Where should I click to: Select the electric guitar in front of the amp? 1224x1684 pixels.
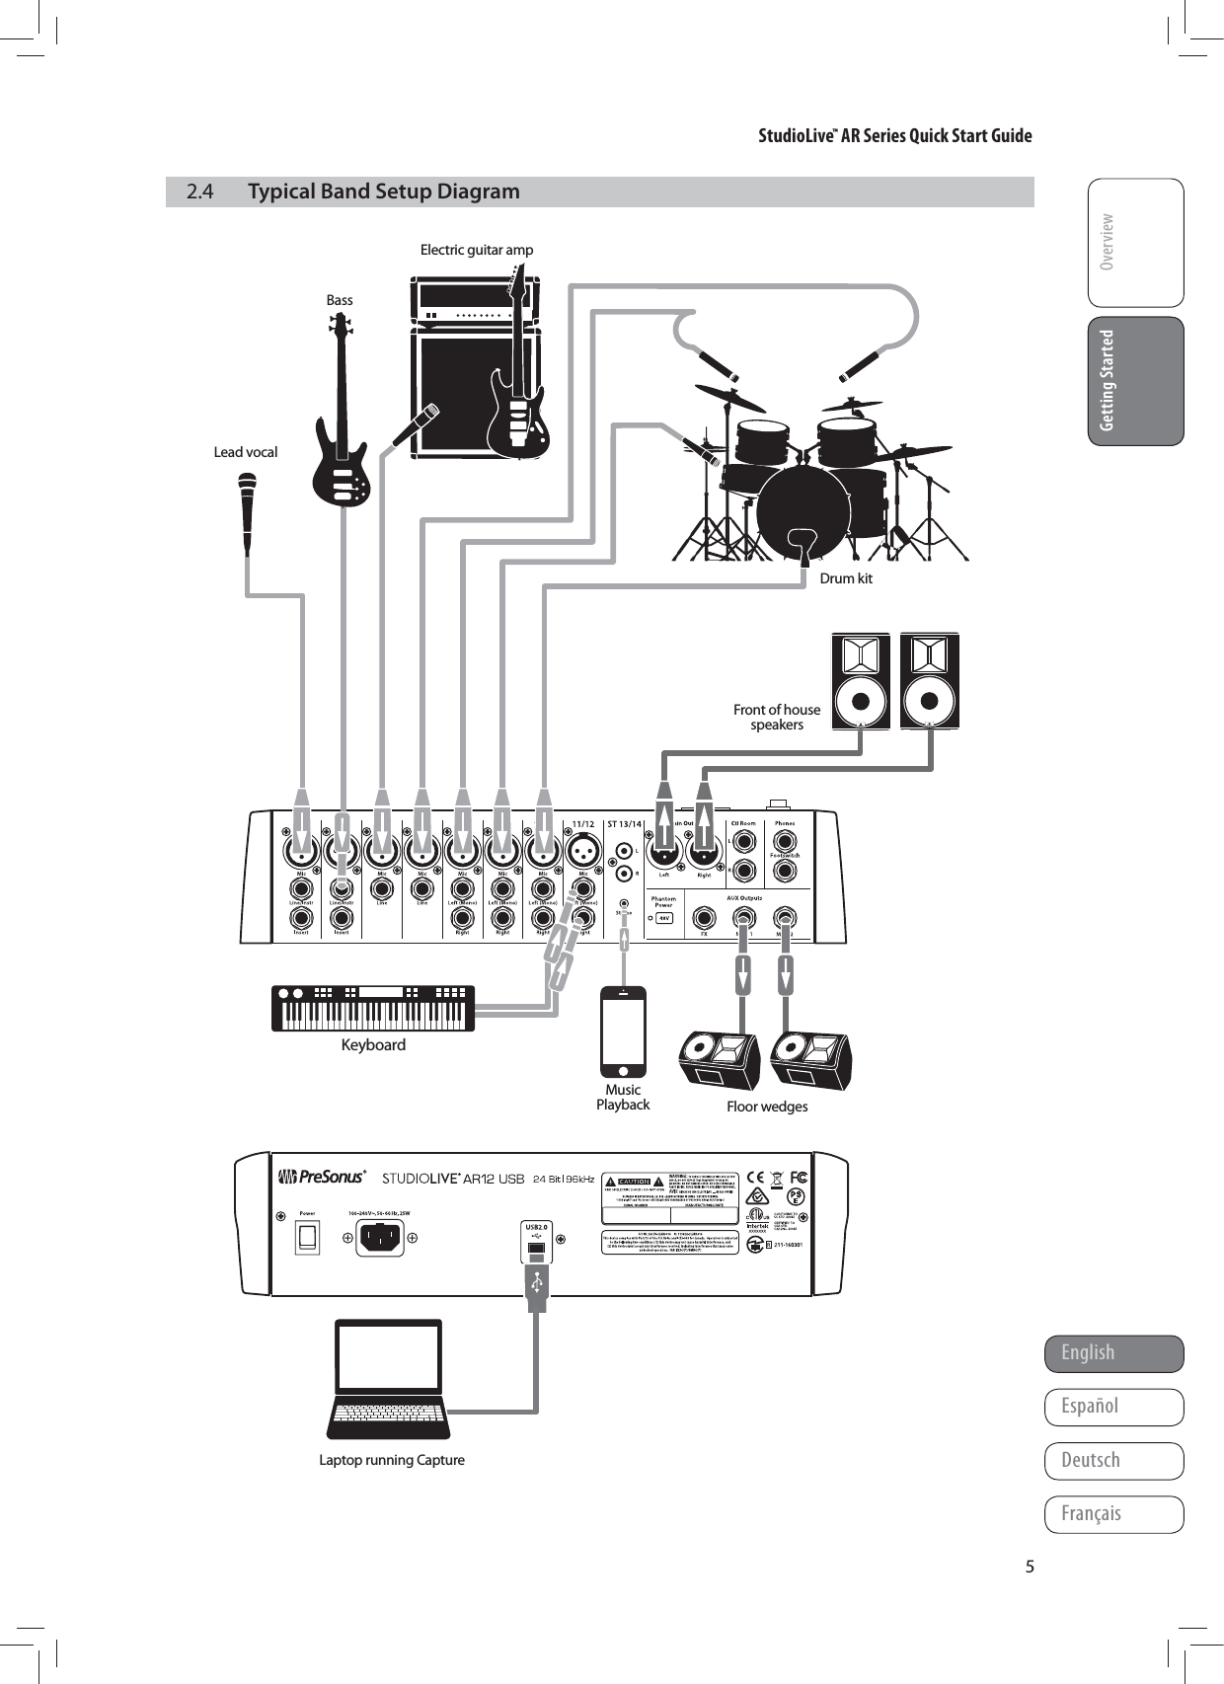point(516,395)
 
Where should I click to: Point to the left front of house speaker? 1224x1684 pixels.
point(861,682)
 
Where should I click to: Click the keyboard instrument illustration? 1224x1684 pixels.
point(373,1008)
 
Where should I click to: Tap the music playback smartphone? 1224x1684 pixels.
point(623,1032)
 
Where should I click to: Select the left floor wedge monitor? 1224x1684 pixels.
point(719,1060)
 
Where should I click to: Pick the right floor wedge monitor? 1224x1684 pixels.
point(810,1060)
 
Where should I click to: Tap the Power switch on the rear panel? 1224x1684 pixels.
point(308,1237)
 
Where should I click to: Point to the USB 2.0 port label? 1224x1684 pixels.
point(534,1228)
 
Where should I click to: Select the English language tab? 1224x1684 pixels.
point(1113,1353)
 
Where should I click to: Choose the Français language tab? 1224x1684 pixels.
point(1113,1514)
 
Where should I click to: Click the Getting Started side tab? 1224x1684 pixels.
point(1135,381)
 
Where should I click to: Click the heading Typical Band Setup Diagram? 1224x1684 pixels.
point(384,191)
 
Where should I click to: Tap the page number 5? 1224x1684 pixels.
point(1030,1567)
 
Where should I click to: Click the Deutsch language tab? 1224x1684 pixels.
point(1113,1461)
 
